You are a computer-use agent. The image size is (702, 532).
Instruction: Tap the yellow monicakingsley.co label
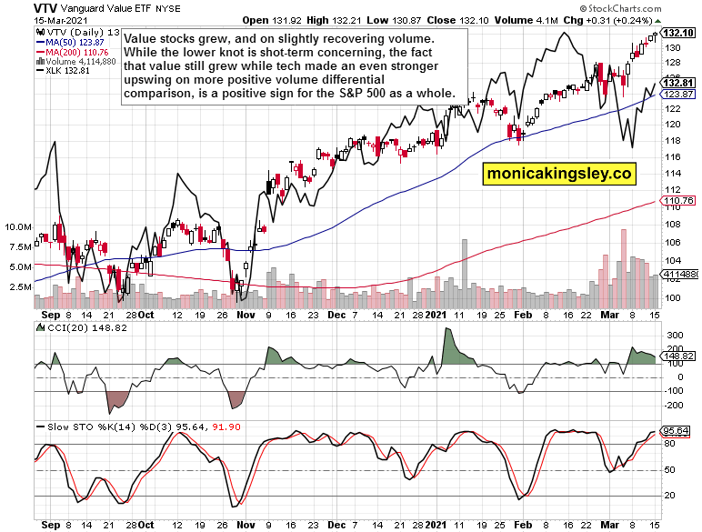[558, 173]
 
